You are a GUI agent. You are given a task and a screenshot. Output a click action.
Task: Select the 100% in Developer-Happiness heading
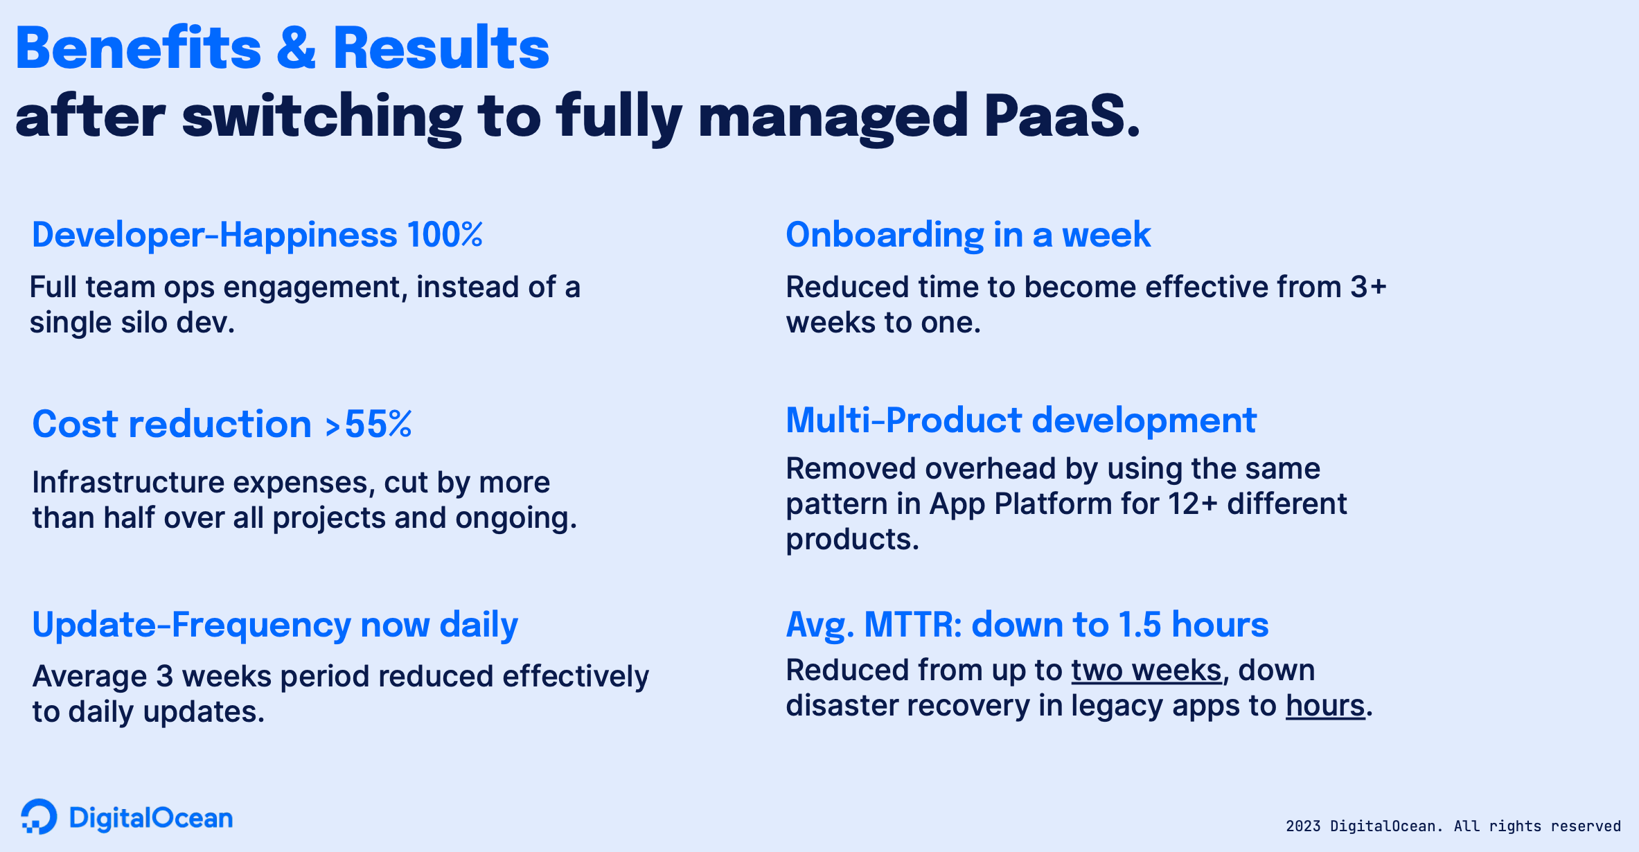tap(445, 235)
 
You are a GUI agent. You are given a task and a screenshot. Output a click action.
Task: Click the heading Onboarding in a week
tap(968, 235)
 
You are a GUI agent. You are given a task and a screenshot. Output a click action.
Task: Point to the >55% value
tap(369, 424)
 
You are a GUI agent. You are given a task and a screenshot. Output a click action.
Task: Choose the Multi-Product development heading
tap(1021, 420)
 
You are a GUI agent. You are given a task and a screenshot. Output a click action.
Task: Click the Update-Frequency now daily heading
tap(275, 625)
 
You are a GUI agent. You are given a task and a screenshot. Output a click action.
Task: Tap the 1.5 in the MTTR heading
tap(1140, 625)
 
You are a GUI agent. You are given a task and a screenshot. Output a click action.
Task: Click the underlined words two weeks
tap(1146, 671)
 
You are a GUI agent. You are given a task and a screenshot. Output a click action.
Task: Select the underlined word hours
tap(1325, 706)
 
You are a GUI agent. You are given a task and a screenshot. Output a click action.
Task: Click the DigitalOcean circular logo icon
tap(39, 817)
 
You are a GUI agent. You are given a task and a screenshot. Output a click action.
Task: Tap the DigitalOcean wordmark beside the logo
tap(151, 818)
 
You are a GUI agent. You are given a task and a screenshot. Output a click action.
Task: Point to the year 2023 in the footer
tap(1303, 826)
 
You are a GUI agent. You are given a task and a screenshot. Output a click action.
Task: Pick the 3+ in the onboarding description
tap(1368, 287)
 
